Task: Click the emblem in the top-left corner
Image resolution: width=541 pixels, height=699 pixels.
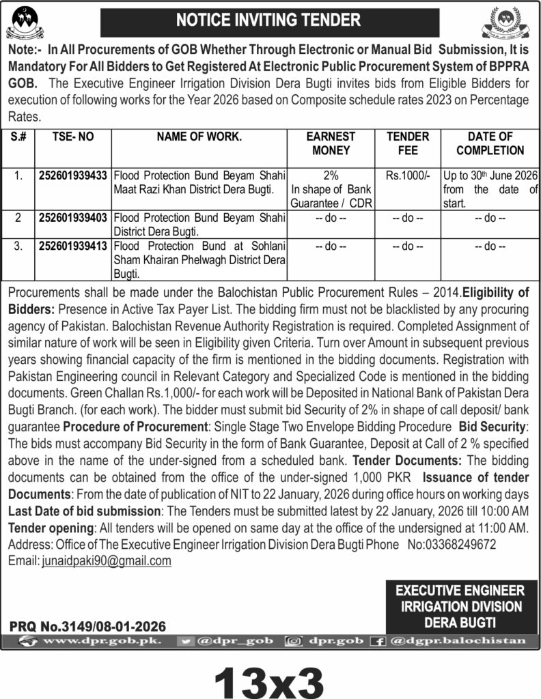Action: (24, 21)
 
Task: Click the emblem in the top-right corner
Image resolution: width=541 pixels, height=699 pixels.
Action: (507, 25)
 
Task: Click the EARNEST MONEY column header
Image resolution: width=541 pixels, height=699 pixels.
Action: (331, 143)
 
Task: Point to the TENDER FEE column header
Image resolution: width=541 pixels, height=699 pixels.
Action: (408, 143)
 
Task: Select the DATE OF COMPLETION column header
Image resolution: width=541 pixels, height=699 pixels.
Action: (489, 143)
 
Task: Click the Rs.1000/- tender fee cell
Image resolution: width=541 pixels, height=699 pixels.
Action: (408, 175)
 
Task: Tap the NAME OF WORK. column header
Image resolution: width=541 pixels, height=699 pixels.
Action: (199, 137)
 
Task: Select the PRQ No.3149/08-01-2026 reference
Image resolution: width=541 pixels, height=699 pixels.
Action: (87, 625)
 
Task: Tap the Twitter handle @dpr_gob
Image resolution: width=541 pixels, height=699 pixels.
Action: (234, 641)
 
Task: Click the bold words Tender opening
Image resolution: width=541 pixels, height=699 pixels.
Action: (50, 529)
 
